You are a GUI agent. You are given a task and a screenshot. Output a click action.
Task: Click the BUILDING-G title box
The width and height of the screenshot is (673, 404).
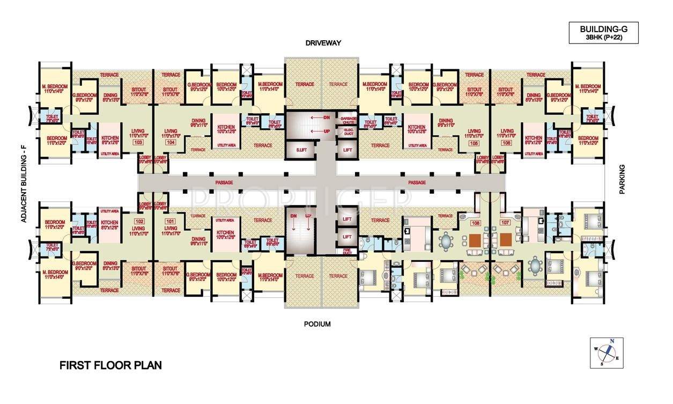pos(603,33)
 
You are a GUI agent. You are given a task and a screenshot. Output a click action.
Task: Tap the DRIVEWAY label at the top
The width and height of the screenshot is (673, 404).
pos(323,42)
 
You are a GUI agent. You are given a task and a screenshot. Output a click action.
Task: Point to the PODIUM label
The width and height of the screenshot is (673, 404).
pos(317,324)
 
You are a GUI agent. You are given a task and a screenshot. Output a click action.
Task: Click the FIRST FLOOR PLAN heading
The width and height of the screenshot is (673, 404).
pos(110,366)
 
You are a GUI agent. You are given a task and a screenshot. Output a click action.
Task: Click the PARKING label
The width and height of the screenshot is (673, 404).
pos(623,179)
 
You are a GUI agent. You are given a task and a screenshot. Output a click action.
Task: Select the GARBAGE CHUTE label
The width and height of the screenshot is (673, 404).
pos(345,119)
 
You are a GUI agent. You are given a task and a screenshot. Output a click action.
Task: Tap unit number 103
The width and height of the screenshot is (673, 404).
pos(138,143)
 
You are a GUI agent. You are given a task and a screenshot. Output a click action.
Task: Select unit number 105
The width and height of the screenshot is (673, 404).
pos(474,143)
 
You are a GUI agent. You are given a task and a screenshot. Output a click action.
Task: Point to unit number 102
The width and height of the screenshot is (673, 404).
pos(139,221)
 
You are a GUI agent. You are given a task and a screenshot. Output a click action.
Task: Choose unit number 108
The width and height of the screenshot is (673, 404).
pos(475,222)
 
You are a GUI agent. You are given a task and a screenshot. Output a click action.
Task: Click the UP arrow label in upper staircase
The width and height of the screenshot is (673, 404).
pos(327,131)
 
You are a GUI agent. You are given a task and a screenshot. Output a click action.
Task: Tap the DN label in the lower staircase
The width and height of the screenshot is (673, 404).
pos(293,215)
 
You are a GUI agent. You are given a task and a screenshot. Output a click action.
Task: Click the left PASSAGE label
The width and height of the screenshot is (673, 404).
pos(224,183)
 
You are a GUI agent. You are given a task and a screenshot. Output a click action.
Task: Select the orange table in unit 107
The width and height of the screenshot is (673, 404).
pos(505,239)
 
